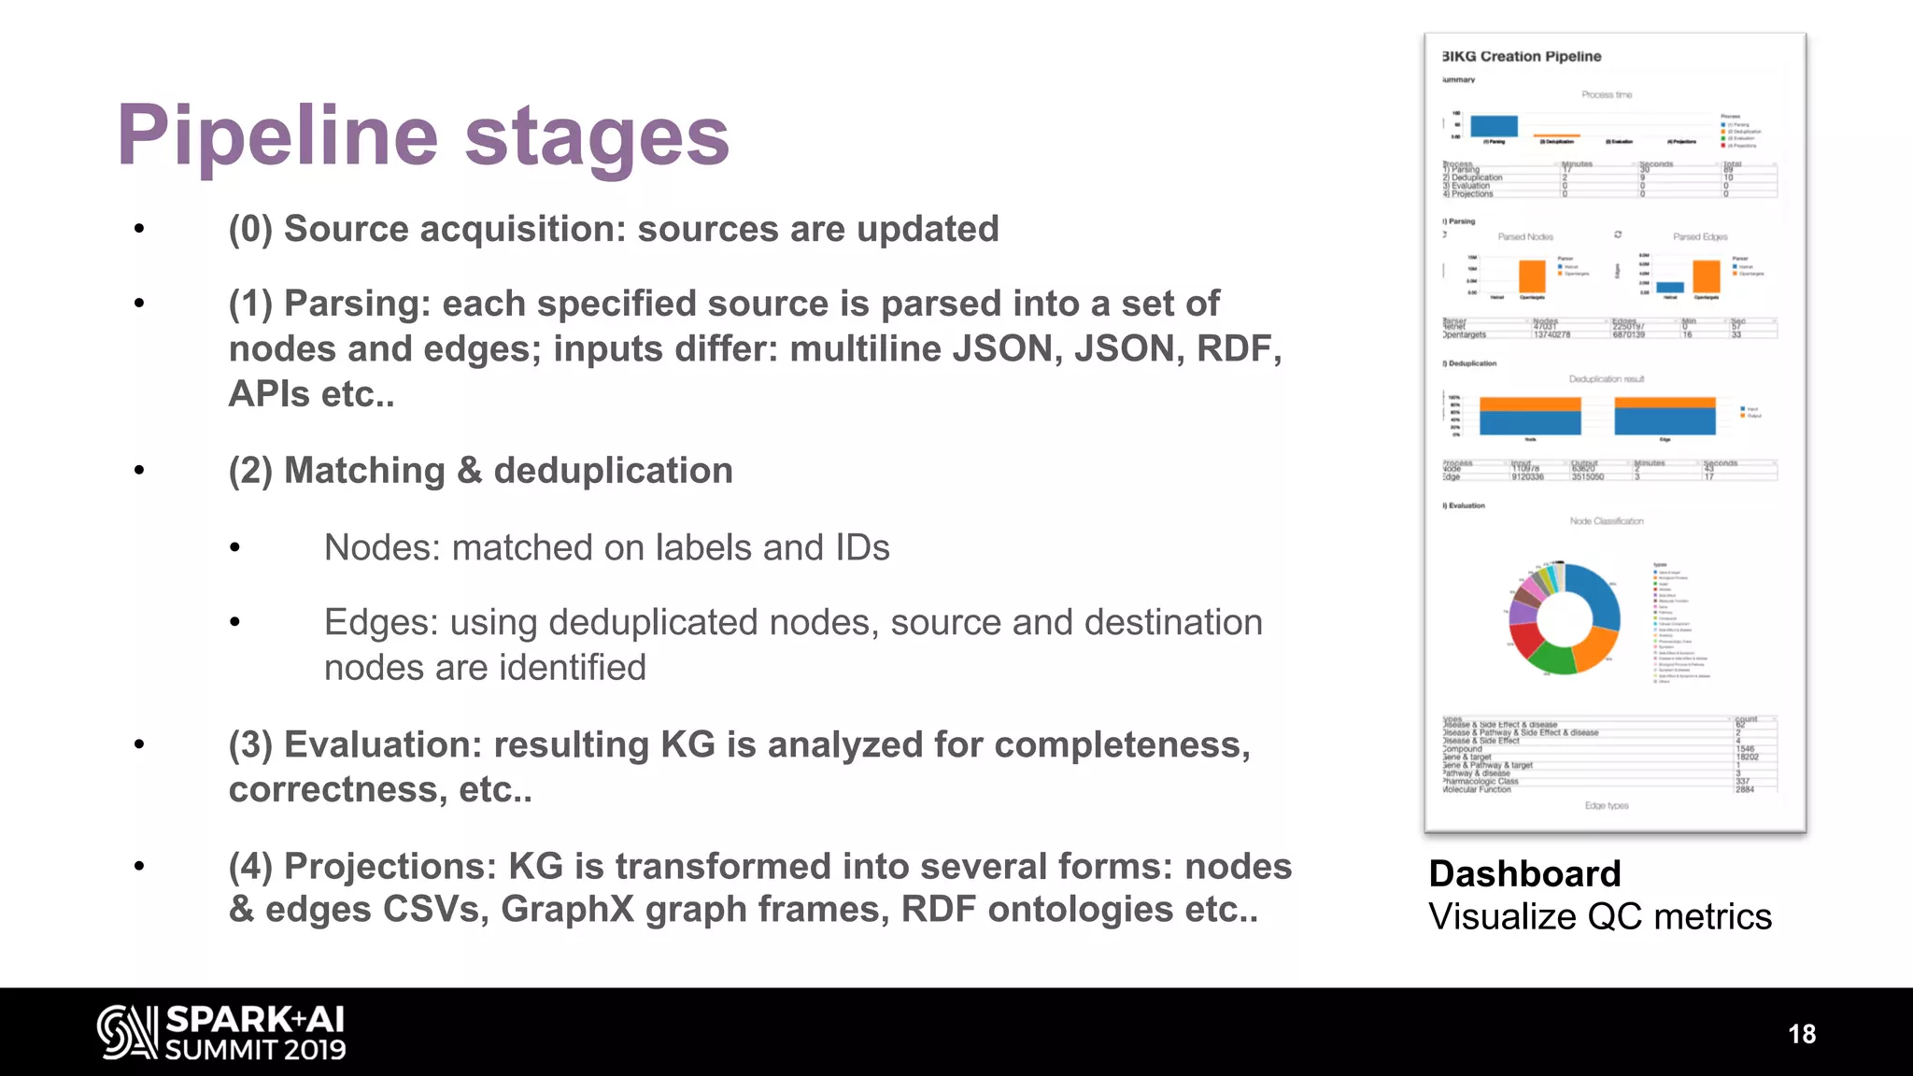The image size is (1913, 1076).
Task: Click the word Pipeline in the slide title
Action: click(x=276, y=136)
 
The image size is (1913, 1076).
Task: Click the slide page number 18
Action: click(x=1801, y=1034)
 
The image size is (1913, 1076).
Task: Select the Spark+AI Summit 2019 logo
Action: click(x=221, y=1032)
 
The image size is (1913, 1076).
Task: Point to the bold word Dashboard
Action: click(x=1524, y=874)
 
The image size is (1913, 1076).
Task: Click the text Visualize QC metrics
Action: click(x=1599, y=917)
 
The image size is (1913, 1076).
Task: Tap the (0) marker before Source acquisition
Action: click(x=250, y=230)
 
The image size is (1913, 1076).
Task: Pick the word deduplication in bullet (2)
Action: click(x=613, y=471)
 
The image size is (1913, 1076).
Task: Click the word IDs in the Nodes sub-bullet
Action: click(x=862, y=548)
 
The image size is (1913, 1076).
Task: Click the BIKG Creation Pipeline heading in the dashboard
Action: click(x=1523, y=57)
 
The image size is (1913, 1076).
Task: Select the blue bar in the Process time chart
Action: click(x=1494, y=126)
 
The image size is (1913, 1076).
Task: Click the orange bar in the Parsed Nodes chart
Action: click(x=1532, y=277)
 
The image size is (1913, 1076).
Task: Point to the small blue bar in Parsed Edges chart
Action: click(x=1670, y=288)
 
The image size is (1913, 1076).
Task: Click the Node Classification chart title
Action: click(x=1606, y=521)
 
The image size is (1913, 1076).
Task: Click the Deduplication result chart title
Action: click(x=1606, y=379)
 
